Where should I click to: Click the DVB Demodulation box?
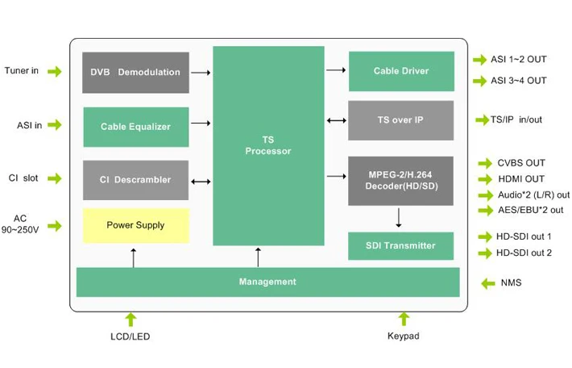(135, 73)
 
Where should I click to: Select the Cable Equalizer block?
(135, 127)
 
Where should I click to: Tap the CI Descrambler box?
(135, 180)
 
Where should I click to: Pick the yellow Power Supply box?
(135, 225)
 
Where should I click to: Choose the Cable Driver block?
(400, 71)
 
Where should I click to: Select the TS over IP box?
(400, 120)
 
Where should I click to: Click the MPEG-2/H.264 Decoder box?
(400, 180)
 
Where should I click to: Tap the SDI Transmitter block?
(400, 245)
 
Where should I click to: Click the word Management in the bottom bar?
(267, 282)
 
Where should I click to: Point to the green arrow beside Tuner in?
(54, 71)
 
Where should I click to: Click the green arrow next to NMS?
(487, 283)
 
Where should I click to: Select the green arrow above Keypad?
(402, 319)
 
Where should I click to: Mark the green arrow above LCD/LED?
(131, 319)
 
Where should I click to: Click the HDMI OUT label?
(521, 179)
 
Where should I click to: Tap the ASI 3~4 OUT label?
(518, 81)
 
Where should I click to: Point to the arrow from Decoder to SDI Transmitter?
(399, 218)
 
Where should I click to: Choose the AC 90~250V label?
(20, 224)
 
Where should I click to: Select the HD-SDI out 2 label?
(524, 253)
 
